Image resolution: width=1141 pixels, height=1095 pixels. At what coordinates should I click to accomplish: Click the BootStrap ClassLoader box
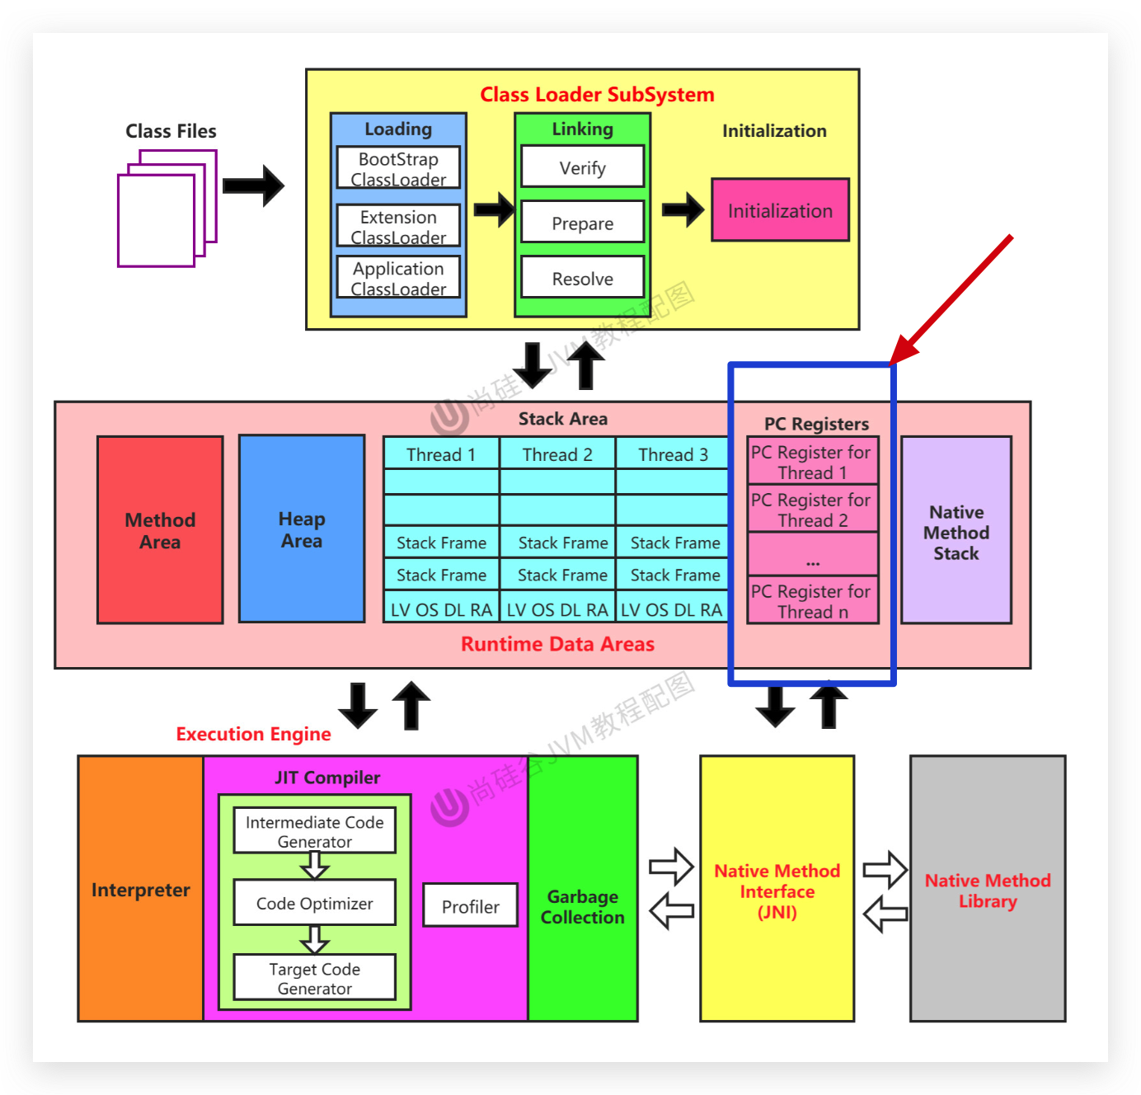coord(398,168)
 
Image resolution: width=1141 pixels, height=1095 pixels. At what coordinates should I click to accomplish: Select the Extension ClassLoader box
coord(398,226)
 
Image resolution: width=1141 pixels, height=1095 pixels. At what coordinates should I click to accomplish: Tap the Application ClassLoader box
coord(398,278)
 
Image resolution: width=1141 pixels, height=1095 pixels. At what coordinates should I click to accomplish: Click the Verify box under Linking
coord(582,167)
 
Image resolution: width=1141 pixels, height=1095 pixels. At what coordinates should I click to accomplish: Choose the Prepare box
coord(582,223)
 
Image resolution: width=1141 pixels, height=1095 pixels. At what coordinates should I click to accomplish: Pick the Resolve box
coord(582,278)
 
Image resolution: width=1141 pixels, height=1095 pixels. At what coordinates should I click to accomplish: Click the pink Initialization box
coord(780,210)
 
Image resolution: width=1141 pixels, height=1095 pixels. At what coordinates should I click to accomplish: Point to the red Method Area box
coord(160,530)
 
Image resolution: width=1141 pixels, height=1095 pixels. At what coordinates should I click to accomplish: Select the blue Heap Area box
coord(302,529)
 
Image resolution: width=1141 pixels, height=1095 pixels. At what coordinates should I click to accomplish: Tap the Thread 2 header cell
coord(557,454)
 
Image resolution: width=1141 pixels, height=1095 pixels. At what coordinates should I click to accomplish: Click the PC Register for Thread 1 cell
coord(812,462)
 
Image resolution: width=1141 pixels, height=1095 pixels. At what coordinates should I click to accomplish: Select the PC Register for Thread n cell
coord(812,601)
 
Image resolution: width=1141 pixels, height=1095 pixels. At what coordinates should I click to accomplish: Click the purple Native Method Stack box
coord(956,531)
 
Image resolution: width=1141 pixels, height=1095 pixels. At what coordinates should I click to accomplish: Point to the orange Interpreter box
coord(141,890)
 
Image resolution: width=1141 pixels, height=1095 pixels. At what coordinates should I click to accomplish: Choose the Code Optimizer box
coord(314,903)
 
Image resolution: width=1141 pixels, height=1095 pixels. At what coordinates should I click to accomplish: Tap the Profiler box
coord(470,906)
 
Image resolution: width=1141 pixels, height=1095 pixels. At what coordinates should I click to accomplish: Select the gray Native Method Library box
coord(988,890)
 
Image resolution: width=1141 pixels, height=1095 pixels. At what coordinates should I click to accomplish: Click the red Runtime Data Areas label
coord(557,644)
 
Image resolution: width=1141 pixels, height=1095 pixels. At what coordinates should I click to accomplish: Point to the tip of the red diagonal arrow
coord(893,361)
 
